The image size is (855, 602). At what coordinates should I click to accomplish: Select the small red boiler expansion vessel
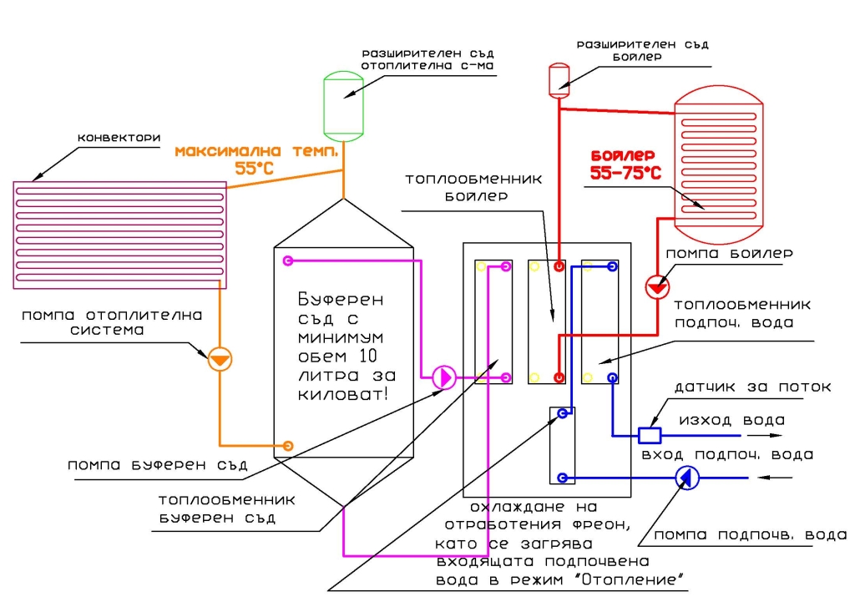coord(558,78)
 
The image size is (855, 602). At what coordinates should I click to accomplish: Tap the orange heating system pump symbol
coord(220,359)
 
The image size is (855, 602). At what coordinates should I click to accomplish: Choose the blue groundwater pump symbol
coord(688,478)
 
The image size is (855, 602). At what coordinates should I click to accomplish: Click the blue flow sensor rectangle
coord(650,435)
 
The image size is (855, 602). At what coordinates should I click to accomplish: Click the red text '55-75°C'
coord(625,173)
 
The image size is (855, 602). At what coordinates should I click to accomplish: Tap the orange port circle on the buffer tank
coord(288,445)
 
